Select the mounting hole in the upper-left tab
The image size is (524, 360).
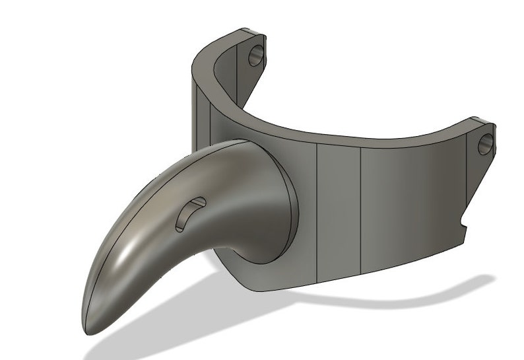click(x=256, y=57)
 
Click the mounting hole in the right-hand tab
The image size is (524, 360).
click(x=485, y=143)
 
